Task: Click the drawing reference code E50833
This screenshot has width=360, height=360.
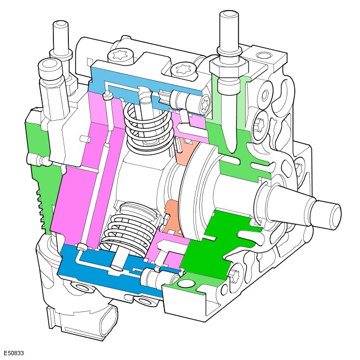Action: [14, 353]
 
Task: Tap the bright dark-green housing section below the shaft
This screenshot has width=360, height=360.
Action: [216, 246]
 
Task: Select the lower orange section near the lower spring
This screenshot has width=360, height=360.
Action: [174, 218]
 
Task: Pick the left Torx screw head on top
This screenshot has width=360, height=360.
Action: [120, 56]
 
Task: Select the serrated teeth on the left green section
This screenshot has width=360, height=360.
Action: [41, 209]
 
